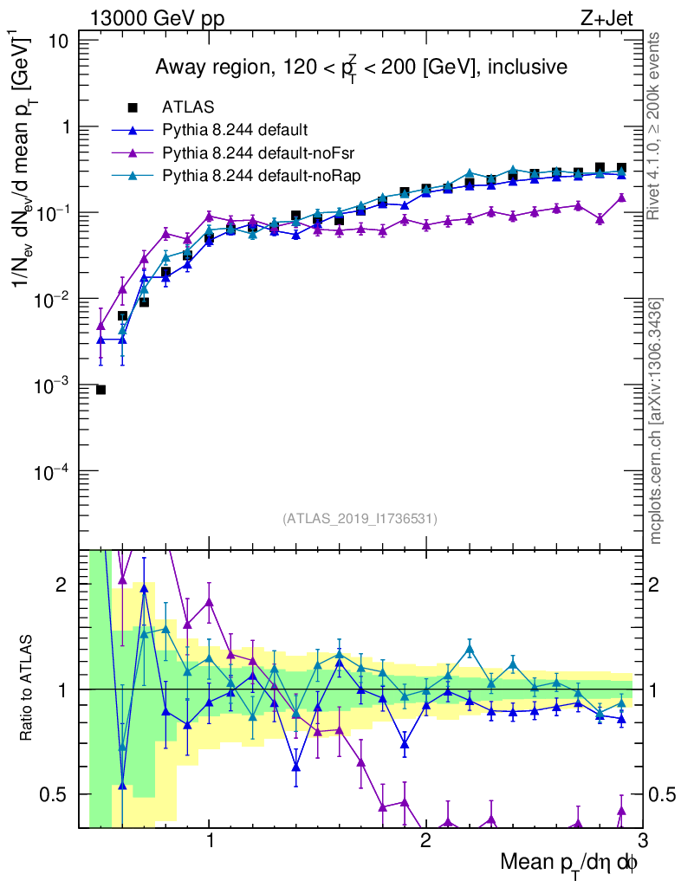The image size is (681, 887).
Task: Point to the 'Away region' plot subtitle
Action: point(360,67)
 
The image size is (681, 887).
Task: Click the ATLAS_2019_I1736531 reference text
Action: point(360,519)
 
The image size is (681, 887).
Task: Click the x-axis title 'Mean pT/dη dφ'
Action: point(569,863)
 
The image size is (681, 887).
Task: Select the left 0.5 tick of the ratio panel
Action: point(61,793)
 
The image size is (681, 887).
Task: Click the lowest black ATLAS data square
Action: point(101,390)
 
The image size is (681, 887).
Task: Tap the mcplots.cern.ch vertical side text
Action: point(657,421)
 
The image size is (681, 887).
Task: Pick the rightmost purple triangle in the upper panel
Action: point(621,197)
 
